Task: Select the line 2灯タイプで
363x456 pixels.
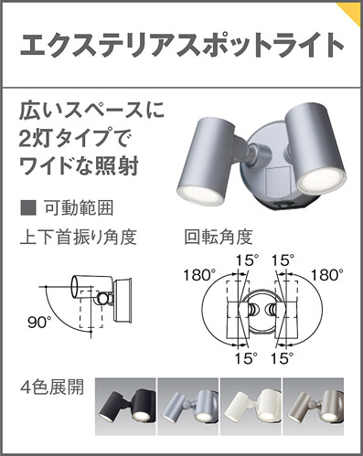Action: [x=75, y=142]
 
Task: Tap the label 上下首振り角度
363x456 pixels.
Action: [x=78, y=238]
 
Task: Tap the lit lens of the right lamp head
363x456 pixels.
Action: [x=316, y=176]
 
